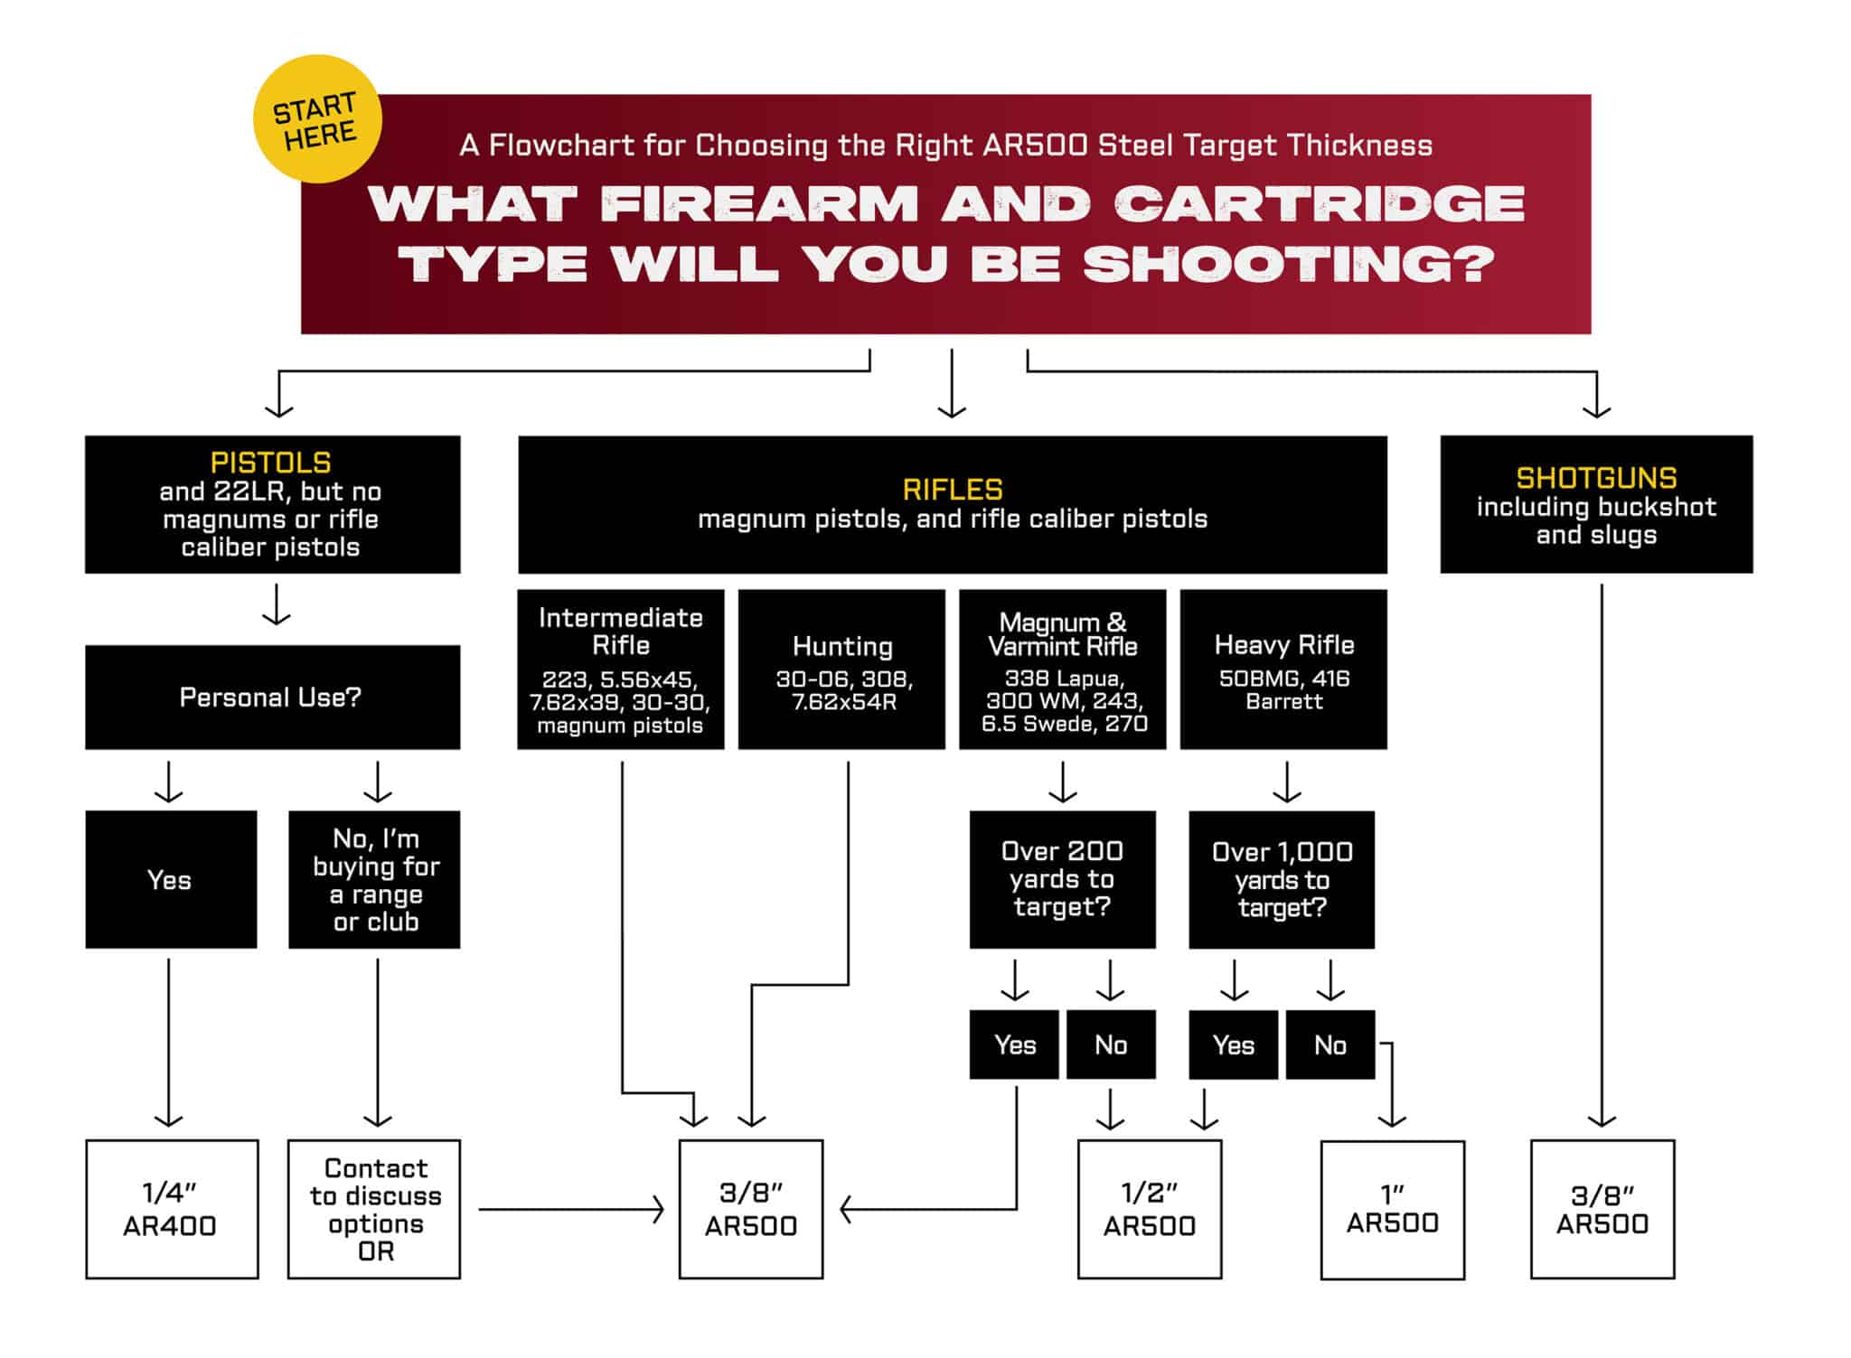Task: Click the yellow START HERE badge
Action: pos(316,119)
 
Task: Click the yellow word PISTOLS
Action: pos(270,463)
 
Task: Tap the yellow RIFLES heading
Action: pos(952,490)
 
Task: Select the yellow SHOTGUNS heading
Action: pos(1595,478)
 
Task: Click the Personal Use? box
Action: pos(272,697)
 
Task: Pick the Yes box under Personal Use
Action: pos(171,879)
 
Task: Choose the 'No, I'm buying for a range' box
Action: pos(374,879)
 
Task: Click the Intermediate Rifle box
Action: pos(620,670)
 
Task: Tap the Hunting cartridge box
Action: pos(841,670)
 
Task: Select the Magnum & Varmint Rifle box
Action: pos(1062,670)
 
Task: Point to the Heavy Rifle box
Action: pos(1283,670)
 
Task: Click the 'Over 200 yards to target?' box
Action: pos(1062,879)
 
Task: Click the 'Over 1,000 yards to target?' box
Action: pos(1281,879)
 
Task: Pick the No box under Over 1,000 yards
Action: pos(1330,1044)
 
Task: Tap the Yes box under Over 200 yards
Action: pos(1014,1044)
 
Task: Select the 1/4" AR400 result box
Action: pos(172,1209)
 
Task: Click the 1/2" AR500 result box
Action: pos(1149,1209)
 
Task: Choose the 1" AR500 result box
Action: pos(1392,1210)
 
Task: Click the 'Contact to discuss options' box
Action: pos(374,1209)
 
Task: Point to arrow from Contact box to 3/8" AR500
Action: pos(569,1209)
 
